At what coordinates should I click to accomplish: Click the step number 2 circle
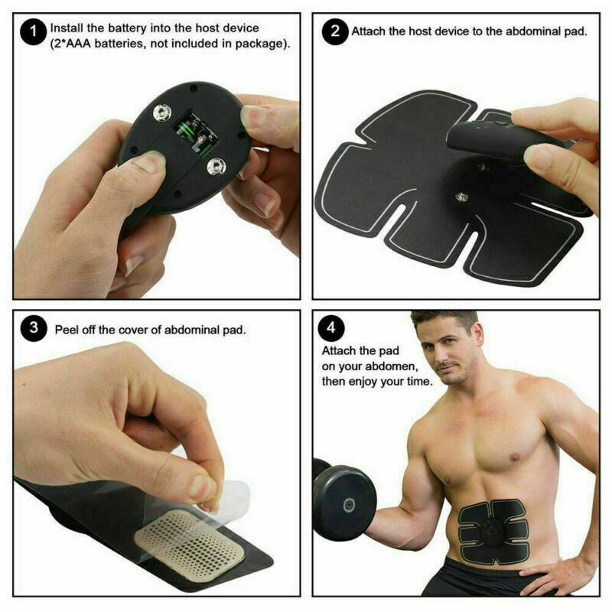click(x=334, y=32)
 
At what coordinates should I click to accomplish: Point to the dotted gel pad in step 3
click(x=187, y=539)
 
